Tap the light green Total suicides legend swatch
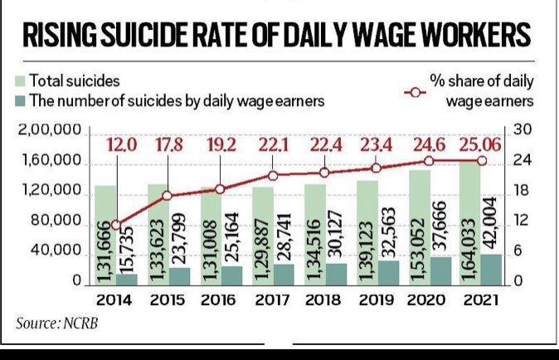pyautogui.click(x=21, y=81)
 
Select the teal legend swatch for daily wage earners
pyautogui.click(x=21, y=101)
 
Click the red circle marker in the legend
pyautogui.click(x=416, y=93)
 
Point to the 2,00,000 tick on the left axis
pyautogui.click(x=50, y=130)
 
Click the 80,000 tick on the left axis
pyautogui.click(x=56, y=221)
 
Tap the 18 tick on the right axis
pyautogui.click(x=521, y=191)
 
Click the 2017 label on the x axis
pyautogui.click(x=273, y=300)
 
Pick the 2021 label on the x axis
pyautogui.click(x=481, y=300)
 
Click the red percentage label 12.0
pyautogui.click(x=122, y=145)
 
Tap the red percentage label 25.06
pyautogui.click(x=480, y=145)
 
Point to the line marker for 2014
pyautogui.click(x=116, y=226)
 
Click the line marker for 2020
pyautogui.click(x=429, y=161)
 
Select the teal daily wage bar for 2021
pyautogui.click(x=491, y=270)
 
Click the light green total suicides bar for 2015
pyautogui.click(x=158, y=235)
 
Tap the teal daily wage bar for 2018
pyautogui.click(x=336, y=275)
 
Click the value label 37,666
pyautogui.click(x=440, y=227)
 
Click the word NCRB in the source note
pyautogui.click(x=80, y=324)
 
